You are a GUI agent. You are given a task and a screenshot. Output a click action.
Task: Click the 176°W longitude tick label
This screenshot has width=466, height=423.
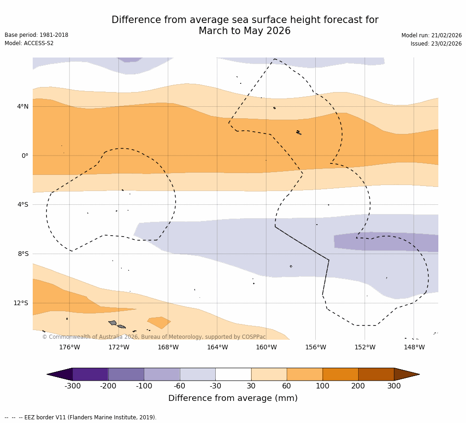point(69,347)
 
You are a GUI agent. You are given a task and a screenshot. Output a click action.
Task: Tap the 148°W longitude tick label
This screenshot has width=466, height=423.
point(414,347)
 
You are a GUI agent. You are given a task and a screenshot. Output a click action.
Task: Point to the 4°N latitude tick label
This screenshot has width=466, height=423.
point(23,106)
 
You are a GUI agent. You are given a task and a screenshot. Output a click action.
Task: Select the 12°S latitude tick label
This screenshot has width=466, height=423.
point(21,303)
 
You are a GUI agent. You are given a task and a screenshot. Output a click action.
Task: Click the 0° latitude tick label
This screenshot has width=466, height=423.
point(25,156)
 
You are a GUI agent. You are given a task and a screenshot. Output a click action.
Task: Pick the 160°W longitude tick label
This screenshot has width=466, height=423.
point(266,347)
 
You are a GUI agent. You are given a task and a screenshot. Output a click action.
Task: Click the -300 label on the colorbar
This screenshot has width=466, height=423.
point(72,386)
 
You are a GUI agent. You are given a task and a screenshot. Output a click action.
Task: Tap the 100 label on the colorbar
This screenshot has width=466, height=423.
point(323,386)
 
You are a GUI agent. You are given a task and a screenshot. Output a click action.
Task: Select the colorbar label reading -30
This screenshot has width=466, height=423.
point(215,386)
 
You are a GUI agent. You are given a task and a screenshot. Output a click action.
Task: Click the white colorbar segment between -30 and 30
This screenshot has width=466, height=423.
point(233,374)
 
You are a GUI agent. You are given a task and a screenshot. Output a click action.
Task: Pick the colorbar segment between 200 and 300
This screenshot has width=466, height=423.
point(376,374)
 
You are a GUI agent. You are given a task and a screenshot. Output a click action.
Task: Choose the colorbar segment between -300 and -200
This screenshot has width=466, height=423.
point(90,374)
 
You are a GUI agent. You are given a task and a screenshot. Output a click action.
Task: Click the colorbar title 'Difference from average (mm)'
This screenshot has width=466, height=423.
point(233,398)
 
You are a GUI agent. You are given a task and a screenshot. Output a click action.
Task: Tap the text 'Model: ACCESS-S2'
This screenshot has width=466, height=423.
point(29,43)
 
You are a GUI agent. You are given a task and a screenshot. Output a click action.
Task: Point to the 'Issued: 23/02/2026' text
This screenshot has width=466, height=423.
point(436,44)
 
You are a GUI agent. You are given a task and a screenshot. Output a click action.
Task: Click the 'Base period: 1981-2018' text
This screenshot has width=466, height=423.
point(36,35)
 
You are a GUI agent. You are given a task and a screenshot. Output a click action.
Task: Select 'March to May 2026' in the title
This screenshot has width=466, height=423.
point(244,31)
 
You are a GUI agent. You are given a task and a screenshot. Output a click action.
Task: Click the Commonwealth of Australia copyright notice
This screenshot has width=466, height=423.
point(154,337)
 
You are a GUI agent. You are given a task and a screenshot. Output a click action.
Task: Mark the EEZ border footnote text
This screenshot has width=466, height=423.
point(80,417)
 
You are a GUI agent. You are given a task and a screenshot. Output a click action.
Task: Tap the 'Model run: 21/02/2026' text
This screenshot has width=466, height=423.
point(431,35)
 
